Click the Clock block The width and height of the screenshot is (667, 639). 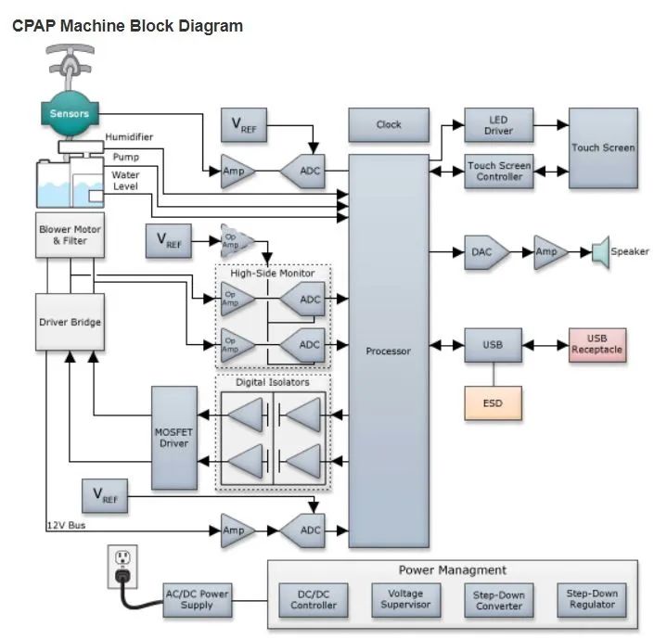[x=389, y=124]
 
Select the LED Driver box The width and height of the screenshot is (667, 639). [x=498, y=124]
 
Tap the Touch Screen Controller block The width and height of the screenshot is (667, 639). [x=498, y=172]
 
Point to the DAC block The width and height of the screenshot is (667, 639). [x=486, y=252]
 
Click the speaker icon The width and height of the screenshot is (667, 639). [x=600, y=252]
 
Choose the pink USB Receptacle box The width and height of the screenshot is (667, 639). [x=597, y=345]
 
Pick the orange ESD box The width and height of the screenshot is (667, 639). [x=493, y=403]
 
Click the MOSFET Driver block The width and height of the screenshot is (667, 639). [x=174, y=438]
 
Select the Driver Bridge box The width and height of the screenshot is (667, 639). [x=70, y=322]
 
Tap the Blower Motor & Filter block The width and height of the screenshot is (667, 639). [x=70, y=236]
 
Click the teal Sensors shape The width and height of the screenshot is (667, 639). [x=70, y=113]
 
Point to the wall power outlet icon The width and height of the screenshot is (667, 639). [x=122, y=567]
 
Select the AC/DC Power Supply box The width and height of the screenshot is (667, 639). [x=198, y=600]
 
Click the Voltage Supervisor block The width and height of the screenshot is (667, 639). [x=405, y=600]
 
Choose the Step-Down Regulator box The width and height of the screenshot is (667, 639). [x=592, y=600]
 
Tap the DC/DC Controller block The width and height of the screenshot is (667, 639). [x=313, y=600]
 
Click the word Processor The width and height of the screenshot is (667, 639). [x=389, y=351]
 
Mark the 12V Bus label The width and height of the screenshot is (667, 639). [x=66, y=525]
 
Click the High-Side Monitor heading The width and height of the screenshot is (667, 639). [x=273, y=273]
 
